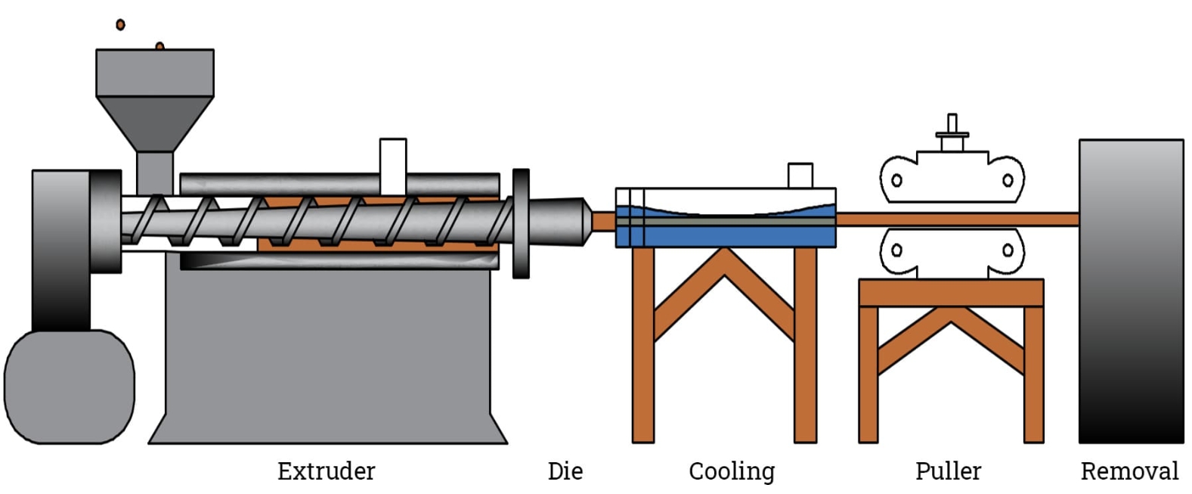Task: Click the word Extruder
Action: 326,471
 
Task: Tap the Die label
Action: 565,471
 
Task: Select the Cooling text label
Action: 731,471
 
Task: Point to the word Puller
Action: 948,471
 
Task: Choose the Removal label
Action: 1129,471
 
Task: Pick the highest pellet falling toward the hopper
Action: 120,25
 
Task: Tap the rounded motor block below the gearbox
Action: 69,387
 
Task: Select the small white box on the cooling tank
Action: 800,175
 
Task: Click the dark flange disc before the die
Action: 521,223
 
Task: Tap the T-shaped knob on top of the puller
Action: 952,132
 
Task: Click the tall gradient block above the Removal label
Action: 1131,291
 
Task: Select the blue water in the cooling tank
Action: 726,235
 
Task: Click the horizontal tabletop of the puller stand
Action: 951,293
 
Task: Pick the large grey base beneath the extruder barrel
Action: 327,356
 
